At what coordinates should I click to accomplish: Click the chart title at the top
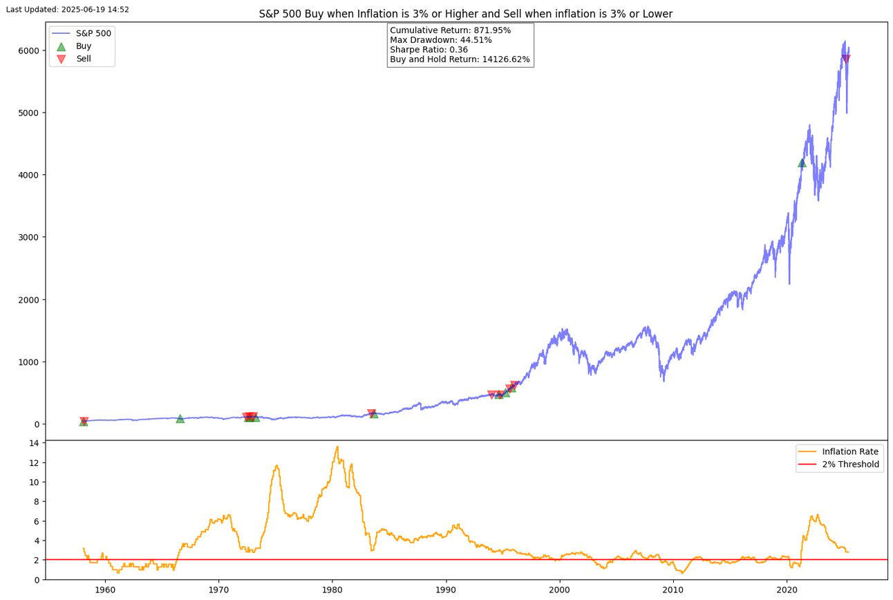465,14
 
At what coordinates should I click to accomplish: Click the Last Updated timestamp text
67,9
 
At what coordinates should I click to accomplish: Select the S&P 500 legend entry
93,33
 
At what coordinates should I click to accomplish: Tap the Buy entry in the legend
84,46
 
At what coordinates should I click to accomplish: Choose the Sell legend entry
84,59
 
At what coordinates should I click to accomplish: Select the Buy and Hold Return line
460,59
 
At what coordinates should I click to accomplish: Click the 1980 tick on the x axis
332,590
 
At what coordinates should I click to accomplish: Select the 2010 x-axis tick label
674,590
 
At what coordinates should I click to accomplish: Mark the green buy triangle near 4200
802,162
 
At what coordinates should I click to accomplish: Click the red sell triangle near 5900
846,59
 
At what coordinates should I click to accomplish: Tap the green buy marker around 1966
180,418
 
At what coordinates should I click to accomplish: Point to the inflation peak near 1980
337,447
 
